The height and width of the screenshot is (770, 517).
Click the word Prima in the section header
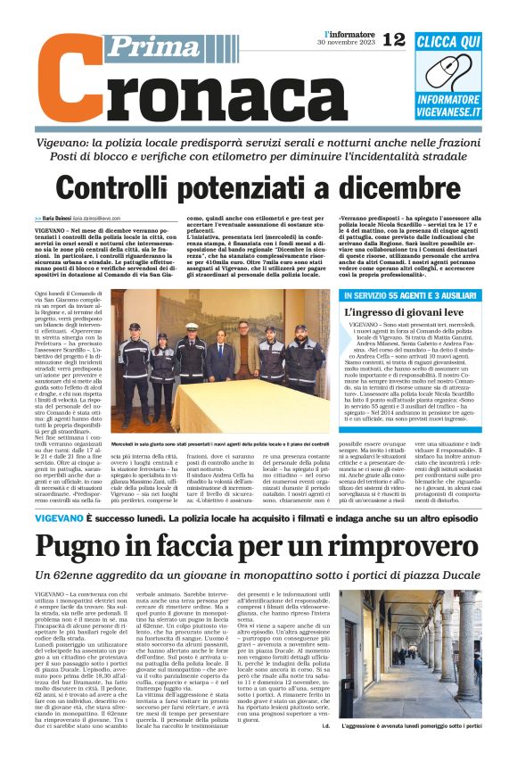click(x=146, y=47)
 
